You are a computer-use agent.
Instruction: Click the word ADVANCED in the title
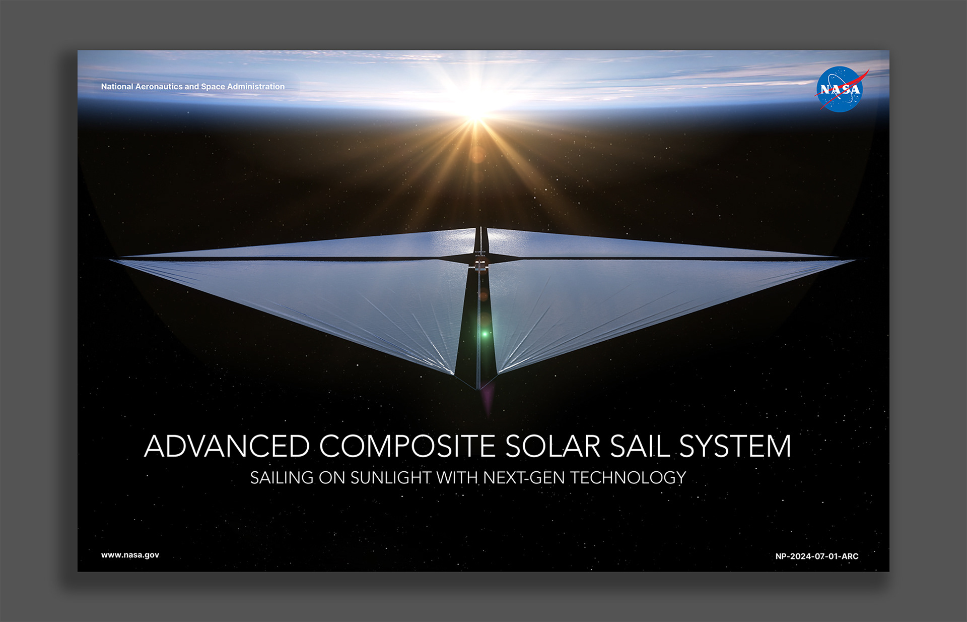(227, 446)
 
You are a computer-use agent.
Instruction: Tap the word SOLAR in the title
(552, 446)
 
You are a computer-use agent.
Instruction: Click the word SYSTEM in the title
(735, 446)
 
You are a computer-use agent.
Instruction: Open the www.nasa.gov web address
(130, 555)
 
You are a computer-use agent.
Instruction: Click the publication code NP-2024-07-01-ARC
(817, 556)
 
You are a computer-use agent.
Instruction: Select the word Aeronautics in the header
(159, 87)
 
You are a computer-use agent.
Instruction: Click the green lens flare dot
(485, 334)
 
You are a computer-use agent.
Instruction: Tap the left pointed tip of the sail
(110, 260)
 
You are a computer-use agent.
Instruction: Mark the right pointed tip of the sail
(855, 260)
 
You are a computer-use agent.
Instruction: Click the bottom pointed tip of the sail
(478, 390)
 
